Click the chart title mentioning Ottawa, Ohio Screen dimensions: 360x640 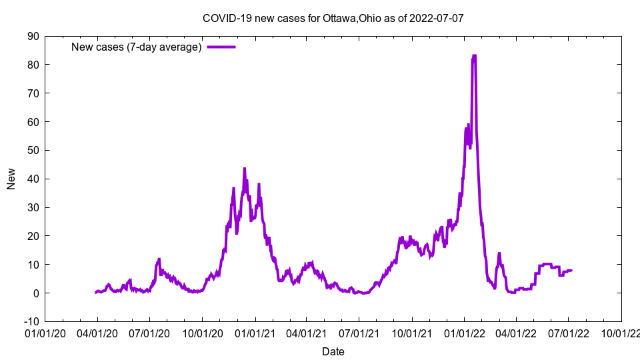tap(333, 18)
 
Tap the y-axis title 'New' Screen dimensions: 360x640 tap(11, 179)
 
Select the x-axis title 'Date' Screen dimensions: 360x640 tap(333, 351)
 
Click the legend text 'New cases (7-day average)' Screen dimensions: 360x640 tap(136, 47)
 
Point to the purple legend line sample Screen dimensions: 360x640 tap(221, 47)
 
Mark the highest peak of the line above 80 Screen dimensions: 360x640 tap(474, 56)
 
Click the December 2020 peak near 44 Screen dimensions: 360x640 tap(245, 169)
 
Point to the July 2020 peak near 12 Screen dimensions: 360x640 tap(159, 259)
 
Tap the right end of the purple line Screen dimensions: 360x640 tap(571, 270)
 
